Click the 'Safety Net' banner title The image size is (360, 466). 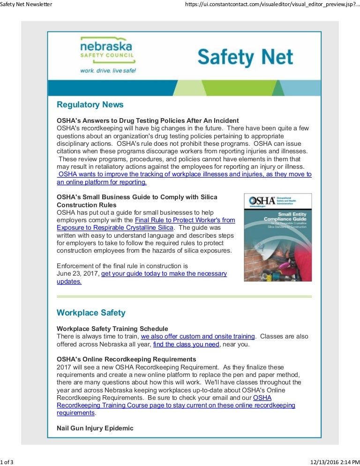(245, 57)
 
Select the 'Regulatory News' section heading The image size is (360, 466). (90, 104)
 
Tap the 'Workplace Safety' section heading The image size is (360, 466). (91, 312)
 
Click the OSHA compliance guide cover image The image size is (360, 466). (277, 237)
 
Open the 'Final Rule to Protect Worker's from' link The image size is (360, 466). (185, 220)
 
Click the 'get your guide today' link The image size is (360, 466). (164, 273)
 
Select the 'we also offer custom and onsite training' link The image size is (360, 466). (198, 336)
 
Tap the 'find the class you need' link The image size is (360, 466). (186, 344)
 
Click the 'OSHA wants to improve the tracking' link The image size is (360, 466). (185, 174)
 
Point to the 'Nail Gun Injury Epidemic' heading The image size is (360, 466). (95, 428)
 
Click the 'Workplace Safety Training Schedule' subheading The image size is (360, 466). (112, 328)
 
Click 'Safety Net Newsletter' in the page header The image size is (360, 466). (26, 4)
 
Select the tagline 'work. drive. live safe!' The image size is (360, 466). (108, 70)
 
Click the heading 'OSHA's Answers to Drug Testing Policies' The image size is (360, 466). (148, 120)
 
